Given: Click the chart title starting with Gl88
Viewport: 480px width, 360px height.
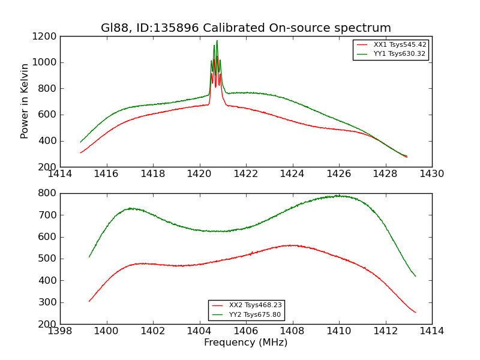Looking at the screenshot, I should tap(246, 28).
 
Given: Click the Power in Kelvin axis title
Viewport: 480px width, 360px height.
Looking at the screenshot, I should tap(25, 101).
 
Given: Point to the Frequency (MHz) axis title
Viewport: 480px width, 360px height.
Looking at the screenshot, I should tap(246, 343).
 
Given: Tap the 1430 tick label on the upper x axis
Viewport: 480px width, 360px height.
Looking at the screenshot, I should tap(431, 174).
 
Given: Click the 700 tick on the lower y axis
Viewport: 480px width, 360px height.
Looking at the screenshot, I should tap(48, 215).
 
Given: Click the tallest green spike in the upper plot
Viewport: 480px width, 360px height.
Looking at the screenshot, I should tap(217, 41).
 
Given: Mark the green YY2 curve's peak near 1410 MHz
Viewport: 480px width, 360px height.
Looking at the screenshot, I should tap(338, 196).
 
